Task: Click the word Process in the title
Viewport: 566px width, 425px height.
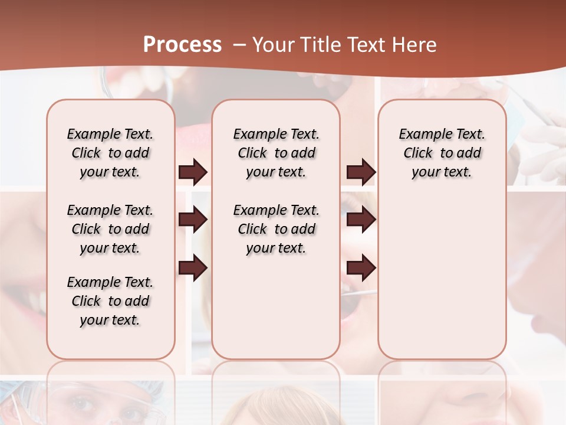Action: point(182,45)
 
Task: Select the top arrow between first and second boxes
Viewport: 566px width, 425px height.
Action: point(193,172)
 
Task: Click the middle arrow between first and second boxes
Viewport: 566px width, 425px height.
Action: point(193,220)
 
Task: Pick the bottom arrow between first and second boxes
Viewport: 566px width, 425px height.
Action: point(193,269)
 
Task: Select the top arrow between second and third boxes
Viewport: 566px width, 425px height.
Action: point(361,172)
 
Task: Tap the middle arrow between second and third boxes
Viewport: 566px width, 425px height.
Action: point(361,220)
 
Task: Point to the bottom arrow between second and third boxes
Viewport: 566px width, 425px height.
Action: point(361,269)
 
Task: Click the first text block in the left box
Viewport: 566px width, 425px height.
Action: point(110,153)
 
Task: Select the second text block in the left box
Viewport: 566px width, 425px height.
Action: point(110,229)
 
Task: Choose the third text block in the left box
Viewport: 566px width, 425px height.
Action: point(110,301)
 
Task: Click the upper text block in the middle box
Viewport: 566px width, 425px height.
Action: point(276,153)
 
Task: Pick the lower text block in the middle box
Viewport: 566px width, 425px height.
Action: point(276,229)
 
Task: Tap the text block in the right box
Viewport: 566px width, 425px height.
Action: point(442,153)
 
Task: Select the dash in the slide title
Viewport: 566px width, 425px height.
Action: point(239,45)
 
